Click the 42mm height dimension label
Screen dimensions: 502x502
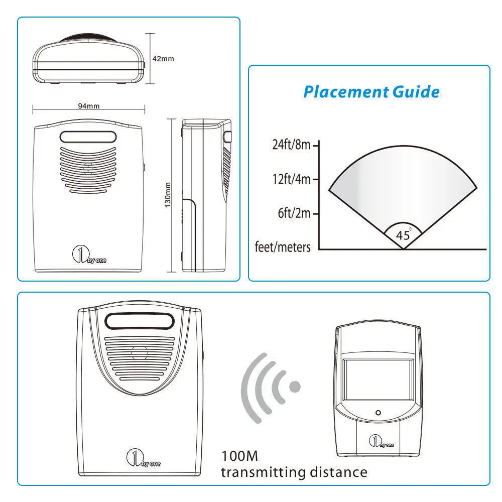coord(163,59)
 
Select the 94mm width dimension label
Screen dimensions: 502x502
coord(89,106)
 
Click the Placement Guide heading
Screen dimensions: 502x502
coord(371,92)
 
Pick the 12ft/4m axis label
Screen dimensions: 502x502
coord(291,179)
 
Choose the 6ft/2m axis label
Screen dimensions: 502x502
coord(294,213)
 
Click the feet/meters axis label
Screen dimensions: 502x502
coord(283,247)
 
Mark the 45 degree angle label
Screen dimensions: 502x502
coord(404,235)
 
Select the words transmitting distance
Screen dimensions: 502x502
coord(294,472)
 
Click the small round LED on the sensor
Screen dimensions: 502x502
coord(378,413)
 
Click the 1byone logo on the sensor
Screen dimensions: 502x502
coord(381,441)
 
